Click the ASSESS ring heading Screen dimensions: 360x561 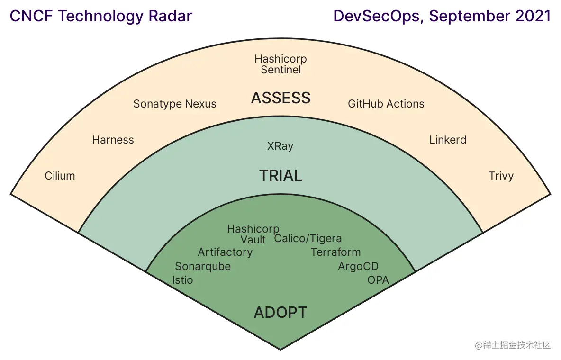coord(280,98)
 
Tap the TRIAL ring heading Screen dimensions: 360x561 coord(280,176)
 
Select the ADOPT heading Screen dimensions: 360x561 coord(280,313)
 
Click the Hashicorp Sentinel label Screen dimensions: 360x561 coord(280,64)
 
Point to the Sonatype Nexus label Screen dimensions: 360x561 coord(175,104)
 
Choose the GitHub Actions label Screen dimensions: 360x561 coord(386,104)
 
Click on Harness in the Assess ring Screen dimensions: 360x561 coord(113,140)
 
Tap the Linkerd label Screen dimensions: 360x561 coord(448,140)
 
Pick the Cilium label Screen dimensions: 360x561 coord(60,176)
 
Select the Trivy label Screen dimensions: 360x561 coord(501,176)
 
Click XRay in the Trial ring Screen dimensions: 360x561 coord(280,146)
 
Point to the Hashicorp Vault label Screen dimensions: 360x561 coord(253,234)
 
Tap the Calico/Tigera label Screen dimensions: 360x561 coord(308,238)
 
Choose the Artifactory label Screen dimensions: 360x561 coord(225,252)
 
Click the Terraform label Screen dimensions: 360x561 coord(335,252)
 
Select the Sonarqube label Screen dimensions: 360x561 coord(203,266)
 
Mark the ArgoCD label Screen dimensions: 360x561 coord(358,267)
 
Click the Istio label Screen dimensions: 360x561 coord(183,280)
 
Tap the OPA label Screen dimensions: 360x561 coord(378,280)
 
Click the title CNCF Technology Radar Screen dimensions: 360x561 coord(101,16)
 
